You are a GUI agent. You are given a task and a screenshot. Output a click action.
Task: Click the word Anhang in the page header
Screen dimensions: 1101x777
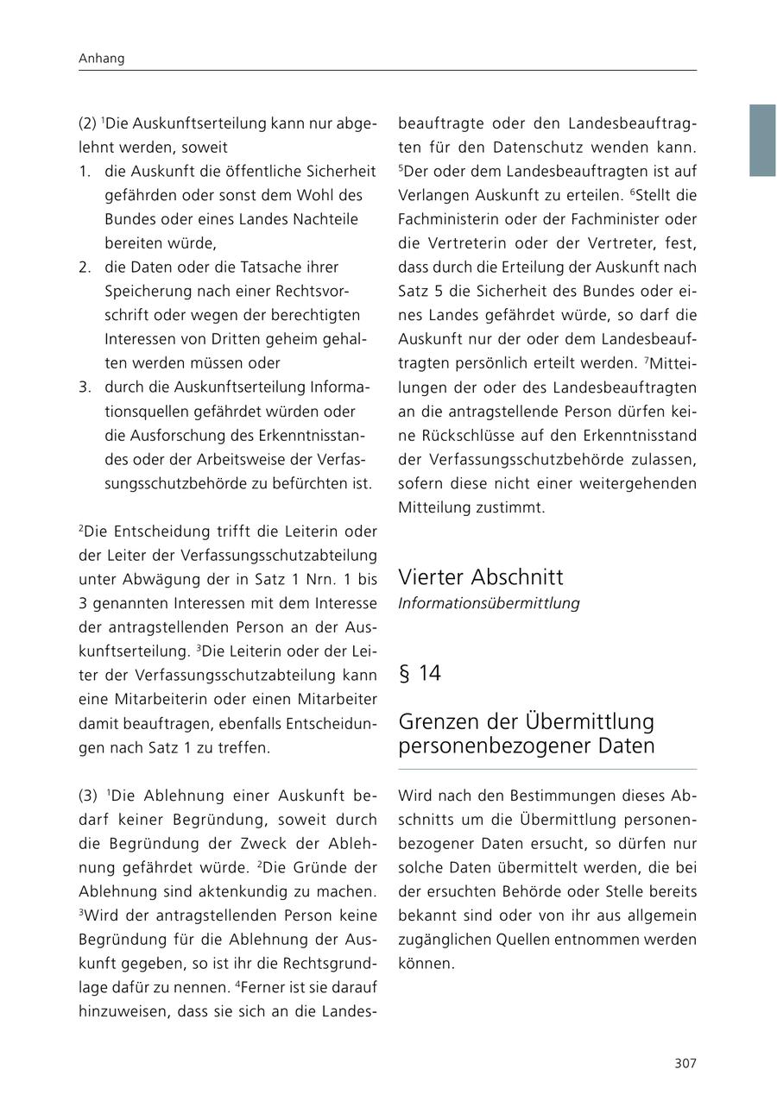point(101,59)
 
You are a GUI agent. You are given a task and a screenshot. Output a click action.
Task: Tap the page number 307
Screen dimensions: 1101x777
point(685,1063)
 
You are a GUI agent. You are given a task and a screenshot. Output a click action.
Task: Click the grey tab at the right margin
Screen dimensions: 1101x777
point(762,141)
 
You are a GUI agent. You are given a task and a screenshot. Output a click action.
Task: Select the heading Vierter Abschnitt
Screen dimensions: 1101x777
point(481,577)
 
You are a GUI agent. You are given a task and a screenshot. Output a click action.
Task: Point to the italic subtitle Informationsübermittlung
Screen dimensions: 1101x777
point(489,603)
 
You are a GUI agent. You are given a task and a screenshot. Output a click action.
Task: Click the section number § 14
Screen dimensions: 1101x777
point(420,674)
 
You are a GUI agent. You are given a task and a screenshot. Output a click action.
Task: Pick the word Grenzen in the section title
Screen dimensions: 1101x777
point(440,721)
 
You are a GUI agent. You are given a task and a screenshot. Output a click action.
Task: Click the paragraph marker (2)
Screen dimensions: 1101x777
point(87,123)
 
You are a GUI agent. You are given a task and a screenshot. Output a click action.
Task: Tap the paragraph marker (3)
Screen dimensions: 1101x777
point(87,796)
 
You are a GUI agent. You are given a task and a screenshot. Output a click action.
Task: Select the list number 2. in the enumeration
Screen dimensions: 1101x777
point(85,267)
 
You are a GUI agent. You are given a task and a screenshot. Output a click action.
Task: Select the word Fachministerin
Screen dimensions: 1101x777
point(454,219)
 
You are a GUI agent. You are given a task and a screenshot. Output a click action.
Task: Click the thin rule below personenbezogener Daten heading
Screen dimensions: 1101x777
point(547,769)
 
